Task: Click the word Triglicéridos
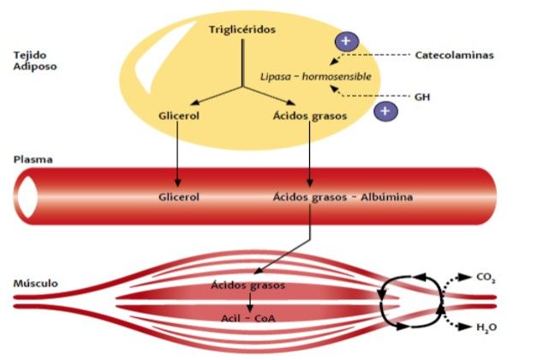243,30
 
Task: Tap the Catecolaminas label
454,56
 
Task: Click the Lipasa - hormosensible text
316,76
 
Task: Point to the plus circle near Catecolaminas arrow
345,40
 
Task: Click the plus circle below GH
386,111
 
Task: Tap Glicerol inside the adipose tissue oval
179,114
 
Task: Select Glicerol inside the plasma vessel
179,197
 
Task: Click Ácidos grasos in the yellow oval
309,114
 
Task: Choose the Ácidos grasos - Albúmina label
343,197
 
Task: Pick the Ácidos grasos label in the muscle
248,285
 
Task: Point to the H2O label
485,327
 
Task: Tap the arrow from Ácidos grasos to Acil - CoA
248,301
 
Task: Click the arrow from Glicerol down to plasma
178,154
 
